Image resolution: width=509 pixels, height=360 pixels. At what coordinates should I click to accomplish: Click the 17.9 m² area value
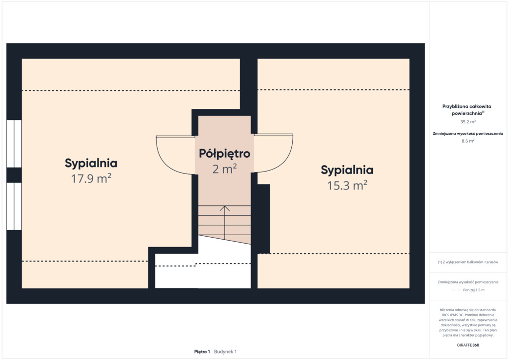[x=91, y=179]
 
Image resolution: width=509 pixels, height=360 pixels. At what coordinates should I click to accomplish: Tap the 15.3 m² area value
[x=347, y=185]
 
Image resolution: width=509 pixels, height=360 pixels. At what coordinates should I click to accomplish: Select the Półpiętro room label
[x=224, y=154]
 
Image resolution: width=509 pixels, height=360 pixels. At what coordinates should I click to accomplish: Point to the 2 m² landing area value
[x=224, y=169]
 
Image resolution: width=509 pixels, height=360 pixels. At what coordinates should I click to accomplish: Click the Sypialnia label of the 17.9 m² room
[x=91, y=163]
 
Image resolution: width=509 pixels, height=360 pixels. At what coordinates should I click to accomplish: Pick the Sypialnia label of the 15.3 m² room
[x=347, y=170]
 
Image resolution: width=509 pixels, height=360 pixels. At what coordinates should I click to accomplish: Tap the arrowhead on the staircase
[x=225, y=208]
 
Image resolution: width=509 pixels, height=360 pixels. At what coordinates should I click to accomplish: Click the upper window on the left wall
[x=14, y=144]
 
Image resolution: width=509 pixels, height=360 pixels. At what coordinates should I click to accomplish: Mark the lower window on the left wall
[x=14, y=206]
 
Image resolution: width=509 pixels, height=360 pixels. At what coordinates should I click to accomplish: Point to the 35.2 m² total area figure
[x=468, y=122]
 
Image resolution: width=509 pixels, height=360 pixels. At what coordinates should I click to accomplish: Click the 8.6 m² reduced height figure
[x=468, y=141]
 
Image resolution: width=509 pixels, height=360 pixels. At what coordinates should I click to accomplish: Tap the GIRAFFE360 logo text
[x=468, y=345]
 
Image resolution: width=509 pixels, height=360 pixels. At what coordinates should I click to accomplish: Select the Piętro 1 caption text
[x=202, y=352]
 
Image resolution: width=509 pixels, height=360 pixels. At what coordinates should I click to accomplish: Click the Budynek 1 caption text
[x=225, y=352]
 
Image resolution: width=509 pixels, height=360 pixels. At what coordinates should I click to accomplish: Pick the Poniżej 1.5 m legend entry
[x=474, y=290]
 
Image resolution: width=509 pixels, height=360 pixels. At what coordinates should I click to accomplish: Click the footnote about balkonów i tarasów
[x=468, y=262]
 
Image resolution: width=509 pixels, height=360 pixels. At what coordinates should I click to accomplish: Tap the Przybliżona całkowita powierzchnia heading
[x=467, y=110]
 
